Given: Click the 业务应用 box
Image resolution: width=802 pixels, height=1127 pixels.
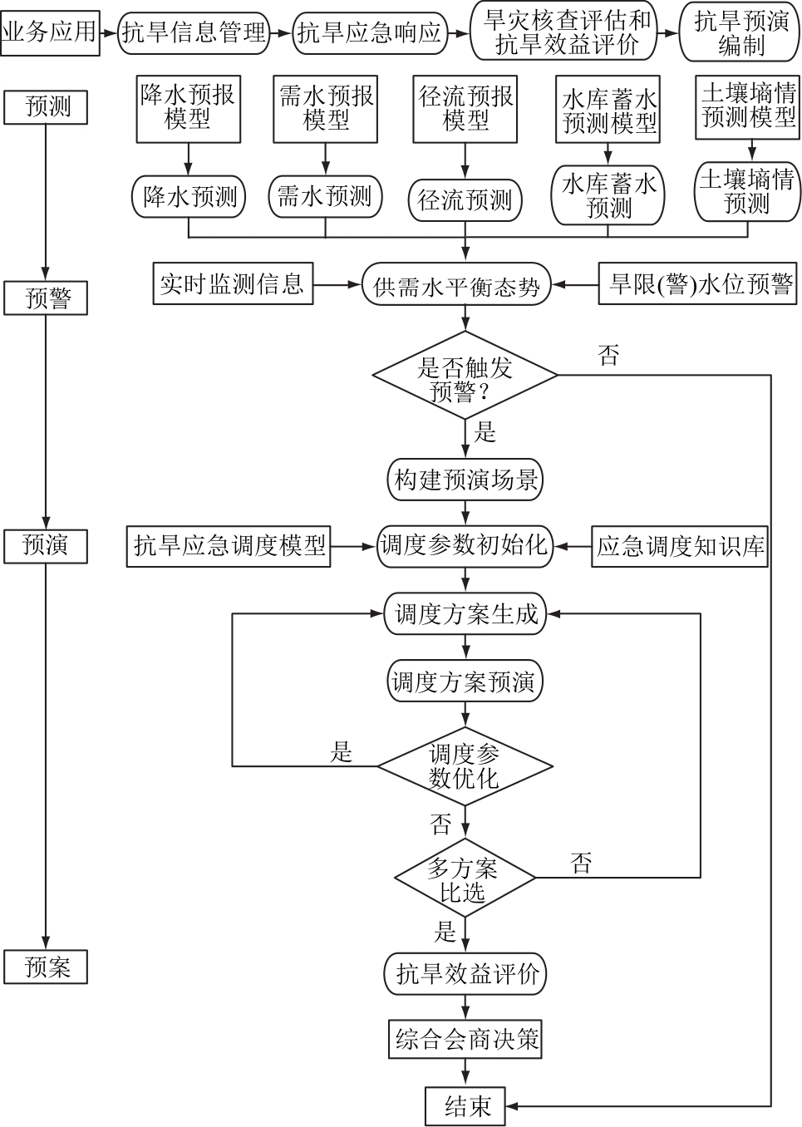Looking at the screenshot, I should click(x=50, y=33).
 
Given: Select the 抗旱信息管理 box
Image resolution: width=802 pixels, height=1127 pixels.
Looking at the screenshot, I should click(x=194, y=33).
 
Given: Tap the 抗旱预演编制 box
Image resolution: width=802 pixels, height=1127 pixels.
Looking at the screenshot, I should click(x=740, y=33).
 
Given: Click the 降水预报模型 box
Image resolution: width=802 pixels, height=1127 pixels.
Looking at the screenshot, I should click(x=188, y=108).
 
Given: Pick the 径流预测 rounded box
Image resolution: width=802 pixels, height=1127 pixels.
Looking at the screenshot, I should click(x=465, y=200).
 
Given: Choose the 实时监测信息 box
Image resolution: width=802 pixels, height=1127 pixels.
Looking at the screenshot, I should click(x=232, y=284).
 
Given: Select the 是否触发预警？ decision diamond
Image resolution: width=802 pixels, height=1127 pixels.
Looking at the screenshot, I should click(x=465, y=376).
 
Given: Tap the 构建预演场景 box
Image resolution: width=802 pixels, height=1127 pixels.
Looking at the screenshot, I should click(x=465, y=480).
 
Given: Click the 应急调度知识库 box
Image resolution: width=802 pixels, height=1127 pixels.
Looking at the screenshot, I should click(x=680, y=546).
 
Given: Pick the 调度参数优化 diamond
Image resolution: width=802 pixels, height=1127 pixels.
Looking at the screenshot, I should click(x=465, y=766).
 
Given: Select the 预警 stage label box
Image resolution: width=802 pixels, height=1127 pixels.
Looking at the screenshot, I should click(x=46, y=298).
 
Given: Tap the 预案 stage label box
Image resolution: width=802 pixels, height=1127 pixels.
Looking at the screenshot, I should click(x=46, y=967).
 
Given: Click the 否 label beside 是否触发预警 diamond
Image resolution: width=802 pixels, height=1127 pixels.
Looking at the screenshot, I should click(x=608, y=357).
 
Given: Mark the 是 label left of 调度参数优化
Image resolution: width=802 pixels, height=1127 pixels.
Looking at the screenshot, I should click(x=342, y=752).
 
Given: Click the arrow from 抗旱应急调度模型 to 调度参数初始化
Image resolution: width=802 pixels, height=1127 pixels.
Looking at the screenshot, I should click(x=354, y=546).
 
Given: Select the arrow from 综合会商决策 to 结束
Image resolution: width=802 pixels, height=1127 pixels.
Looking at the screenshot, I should click(x=465, y=1073).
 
